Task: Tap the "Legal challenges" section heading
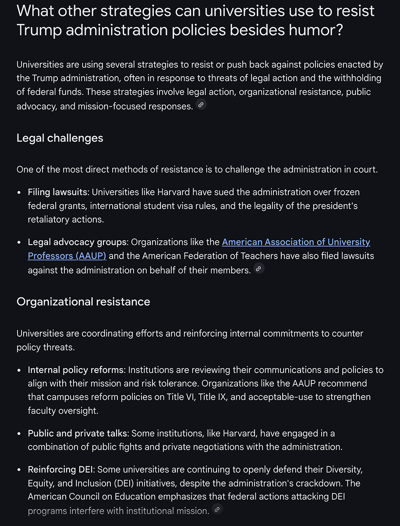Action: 60,138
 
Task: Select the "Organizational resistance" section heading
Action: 83,302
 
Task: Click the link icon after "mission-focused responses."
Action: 201,105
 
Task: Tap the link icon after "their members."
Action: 259,269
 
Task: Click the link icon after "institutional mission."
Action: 217,509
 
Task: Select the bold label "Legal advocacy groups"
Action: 77,242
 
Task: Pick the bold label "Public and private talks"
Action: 78,434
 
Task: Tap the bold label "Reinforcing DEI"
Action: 61,469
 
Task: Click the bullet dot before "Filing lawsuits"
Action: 19,192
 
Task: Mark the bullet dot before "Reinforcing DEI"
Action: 19,470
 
